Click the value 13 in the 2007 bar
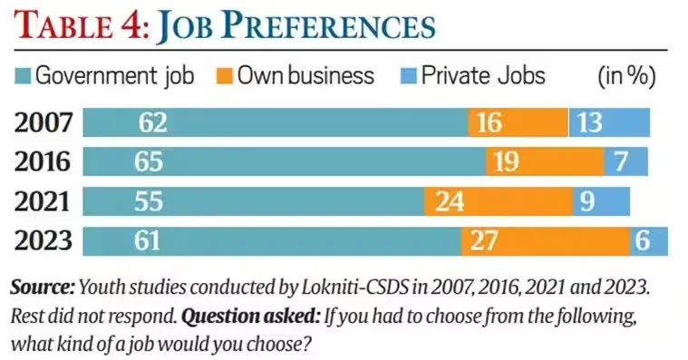pos(589,122)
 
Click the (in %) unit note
pos(626,75)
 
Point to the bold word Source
pos(42,287)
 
